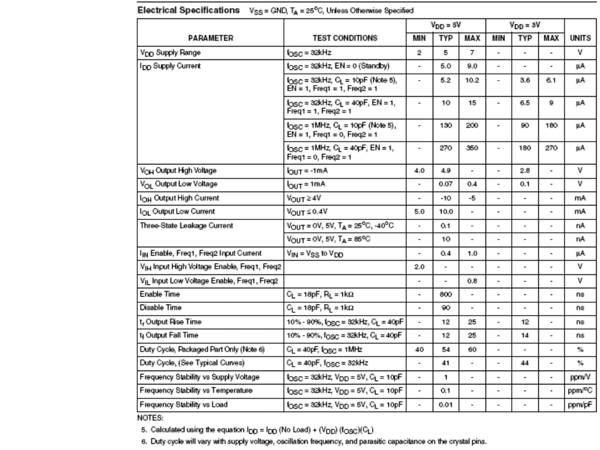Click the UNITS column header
point(574,38)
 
